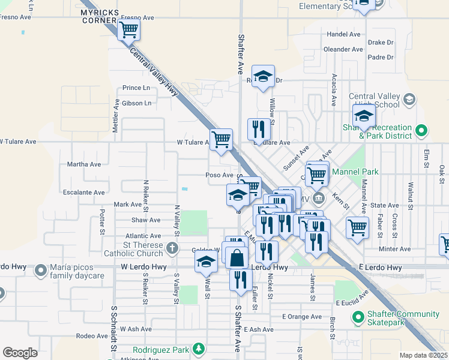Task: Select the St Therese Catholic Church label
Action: [135, 249]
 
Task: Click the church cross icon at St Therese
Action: [173, 248]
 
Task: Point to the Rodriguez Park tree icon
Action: [198, 349]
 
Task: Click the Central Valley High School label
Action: [374, 100]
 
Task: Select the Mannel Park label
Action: [361, 172]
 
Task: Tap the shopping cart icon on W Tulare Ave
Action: [221, 140]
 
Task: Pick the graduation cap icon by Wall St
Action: [206, 261]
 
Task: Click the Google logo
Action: [20, 353]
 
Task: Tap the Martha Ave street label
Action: [84, 164]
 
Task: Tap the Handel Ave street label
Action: [343, 34]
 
